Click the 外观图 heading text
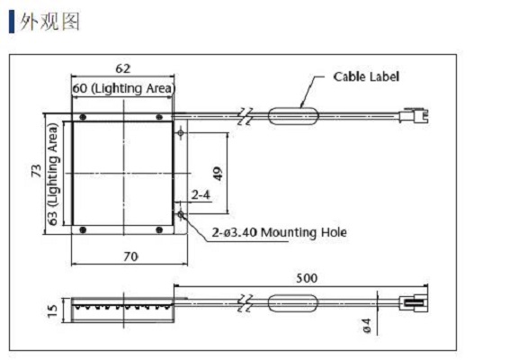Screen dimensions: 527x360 click(x=49, y=22)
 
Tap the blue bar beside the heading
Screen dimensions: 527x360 click(x=12, y=22)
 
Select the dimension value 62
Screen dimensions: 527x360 click(x=122, y=68)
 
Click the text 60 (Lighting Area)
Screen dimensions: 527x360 click(x=124, y=88)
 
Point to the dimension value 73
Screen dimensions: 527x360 click(x=36, y=171)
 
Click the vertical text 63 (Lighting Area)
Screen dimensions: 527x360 click(x=53, y=174)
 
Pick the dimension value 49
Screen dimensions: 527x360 click(x=219, y=174)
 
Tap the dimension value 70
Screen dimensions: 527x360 click(x=130, y=256)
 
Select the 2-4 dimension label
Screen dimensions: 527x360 click(x=201, y=194)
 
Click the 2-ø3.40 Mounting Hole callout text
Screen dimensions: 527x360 click(x=280, y=232)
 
